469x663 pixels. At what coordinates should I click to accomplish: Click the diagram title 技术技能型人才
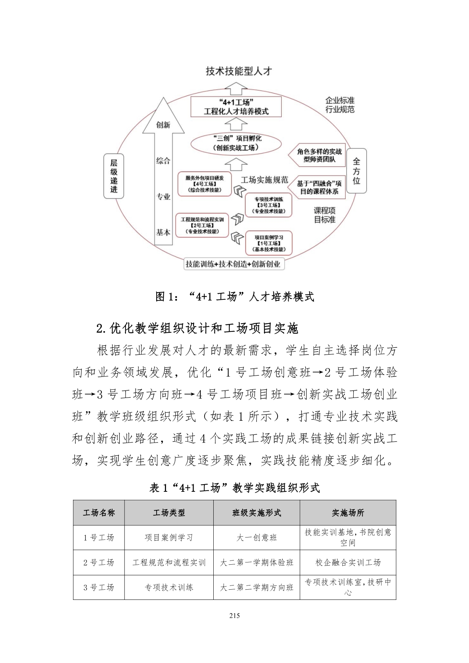coord(239,71)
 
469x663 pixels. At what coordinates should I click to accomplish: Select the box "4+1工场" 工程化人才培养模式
coord(236,107)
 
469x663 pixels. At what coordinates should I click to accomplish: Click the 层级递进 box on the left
coord(114,176)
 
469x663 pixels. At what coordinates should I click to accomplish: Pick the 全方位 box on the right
coord(356,171)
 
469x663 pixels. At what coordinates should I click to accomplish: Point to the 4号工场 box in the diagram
coord(205,184)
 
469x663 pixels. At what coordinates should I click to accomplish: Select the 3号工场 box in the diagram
coord(269,205)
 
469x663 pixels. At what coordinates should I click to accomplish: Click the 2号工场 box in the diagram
coord(202,226)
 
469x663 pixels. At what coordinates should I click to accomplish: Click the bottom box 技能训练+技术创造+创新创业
coord(233,264)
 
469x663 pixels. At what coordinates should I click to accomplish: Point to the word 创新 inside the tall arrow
coord(163,125)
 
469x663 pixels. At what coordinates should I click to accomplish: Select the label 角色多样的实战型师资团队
coord(319,155)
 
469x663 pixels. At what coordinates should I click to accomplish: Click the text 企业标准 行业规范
coord(340,105)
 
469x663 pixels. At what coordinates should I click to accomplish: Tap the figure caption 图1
coord(234,297)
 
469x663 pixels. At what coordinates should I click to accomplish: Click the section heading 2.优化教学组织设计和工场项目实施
coord(197,328)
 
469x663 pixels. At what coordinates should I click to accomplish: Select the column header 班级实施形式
coord(256,513)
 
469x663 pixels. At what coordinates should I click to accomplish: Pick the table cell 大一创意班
coord(256,538)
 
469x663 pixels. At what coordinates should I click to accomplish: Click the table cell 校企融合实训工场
coord(348,562)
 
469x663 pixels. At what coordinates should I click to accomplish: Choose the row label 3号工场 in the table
coord(99,587)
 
